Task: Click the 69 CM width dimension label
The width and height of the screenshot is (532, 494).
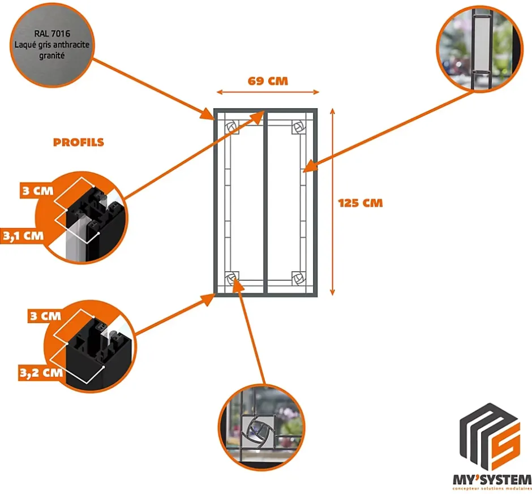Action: (268, 81)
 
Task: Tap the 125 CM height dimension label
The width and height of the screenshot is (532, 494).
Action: (360, 203)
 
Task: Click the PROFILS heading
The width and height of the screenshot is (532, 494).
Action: (79, 142)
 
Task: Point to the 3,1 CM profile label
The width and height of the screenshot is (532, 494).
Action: (23, 235)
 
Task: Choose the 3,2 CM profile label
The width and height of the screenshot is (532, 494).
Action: (40, 372)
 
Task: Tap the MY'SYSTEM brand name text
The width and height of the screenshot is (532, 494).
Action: (492, 479)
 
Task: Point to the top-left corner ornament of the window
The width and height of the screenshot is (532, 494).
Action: (232, 127)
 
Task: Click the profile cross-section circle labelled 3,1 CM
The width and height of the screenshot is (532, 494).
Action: (83, 217)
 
